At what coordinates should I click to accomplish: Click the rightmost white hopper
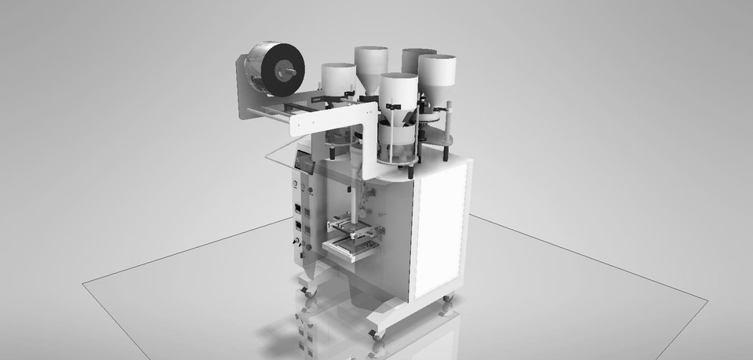(x=437, y=75)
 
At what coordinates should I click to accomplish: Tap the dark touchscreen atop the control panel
(x=303, y=164)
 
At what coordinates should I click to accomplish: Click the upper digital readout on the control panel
(x=298, y=208)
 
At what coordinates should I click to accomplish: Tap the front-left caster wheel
(x=307, y=290)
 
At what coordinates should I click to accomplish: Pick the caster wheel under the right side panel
(x=449, y=299)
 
